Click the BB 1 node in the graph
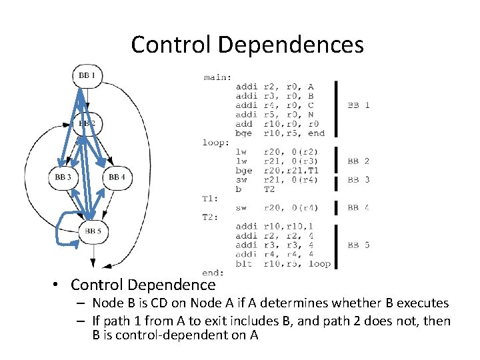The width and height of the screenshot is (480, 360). pyautogui.click(x=87, y=76)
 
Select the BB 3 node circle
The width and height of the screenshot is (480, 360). pyautogui.click(x=63, y=177)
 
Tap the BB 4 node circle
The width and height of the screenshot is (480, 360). pyautogui.click(x=117, y=177)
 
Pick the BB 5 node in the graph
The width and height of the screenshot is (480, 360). pyautogui.click(x=93, y=231)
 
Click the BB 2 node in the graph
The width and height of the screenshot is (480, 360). pyautogui.click(x=87, y=123)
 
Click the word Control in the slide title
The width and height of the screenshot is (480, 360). pyautogui.click(x=171, y=45)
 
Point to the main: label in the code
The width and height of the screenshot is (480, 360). pyautogui.click(x=217, y=77)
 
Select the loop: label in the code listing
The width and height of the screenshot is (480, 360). pyautogui.click(x=217, y=142)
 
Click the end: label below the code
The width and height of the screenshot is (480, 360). pyautogui.click(x=213, y=273)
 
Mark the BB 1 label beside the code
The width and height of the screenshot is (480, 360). pyautogui.click(x=359, y=105)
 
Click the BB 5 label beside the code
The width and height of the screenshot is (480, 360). pyautogui.click(x=359, y=245)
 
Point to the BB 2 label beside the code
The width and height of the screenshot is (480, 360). pyautogui.click(x=359, y=161)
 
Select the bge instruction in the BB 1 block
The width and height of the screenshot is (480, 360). pyautogui.click(x=245, y=133)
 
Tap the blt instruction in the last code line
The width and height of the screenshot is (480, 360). pyautogui.click(x=245, y=263)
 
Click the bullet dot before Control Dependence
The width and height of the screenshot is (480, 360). pyautogui.click(x=59, y=286)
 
